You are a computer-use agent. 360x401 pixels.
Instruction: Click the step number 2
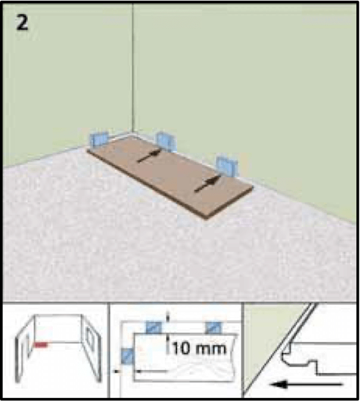22,23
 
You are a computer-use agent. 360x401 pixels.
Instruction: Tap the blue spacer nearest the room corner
99,140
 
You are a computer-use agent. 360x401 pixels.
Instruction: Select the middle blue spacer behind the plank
166,142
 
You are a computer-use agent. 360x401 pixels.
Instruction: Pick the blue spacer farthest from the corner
227,166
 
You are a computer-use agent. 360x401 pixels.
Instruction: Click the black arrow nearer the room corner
149,156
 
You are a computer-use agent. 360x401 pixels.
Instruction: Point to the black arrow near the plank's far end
207,184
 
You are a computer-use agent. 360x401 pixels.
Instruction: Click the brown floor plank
170,176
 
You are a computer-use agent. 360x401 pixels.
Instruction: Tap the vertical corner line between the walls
132,68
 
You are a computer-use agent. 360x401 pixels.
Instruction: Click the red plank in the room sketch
40,345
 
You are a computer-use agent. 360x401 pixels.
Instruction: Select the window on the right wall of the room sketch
90,340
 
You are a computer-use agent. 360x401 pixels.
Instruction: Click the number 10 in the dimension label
181,348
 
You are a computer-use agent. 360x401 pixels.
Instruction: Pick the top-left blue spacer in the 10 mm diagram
154,328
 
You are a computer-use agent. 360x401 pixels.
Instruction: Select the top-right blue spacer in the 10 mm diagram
213,328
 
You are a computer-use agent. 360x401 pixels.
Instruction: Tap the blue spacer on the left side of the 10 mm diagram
127,356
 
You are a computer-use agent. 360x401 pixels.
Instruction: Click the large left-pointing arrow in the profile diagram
307,384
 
